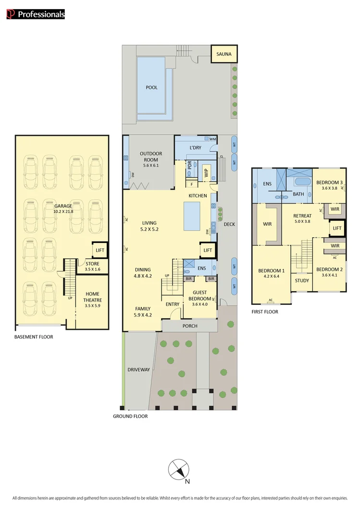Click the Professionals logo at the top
click(x=36, y=14)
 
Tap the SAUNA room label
click(x=224, y=54)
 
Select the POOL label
click(x=152, y=87)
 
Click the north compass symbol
click(x=179, y=469)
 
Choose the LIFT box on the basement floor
click(x=100, y=250)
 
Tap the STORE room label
click(x=92, y=264)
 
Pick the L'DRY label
click(x=195, y=147)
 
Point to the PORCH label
click(x=190, y=326)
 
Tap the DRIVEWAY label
click(x=139, y=370)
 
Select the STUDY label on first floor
click(x=302, y=280)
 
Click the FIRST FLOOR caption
click(x=265, y=312)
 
